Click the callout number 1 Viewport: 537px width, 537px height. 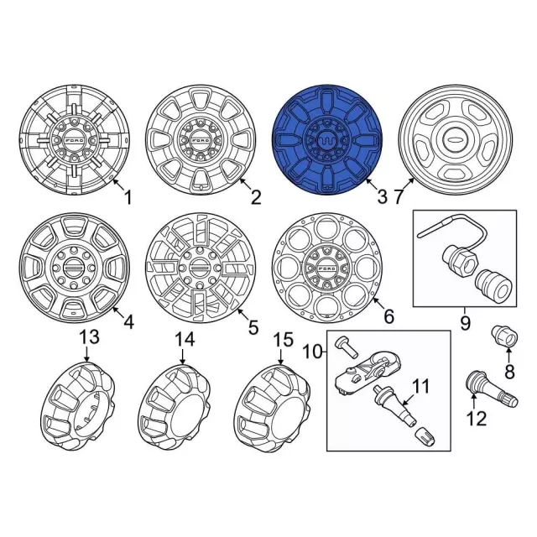point(128,198)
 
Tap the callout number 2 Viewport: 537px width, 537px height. point(256,198)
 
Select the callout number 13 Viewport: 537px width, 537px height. point(90,336)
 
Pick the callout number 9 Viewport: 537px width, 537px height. point(465,323)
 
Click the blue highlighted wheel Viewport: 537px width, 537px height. point(327,139)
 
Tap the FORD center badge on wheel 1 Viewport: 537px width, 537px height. point(75,140)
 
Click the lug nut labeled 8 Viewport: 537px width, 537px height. point(504,336)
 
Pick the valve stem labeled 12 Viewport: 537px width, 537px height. point(493,389)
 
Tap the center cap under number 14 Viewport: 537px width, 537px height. point(174,408)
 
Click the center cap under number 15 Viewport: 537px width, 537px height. point(272,409)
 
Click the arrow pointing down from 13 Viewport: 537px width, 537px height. point(86,354)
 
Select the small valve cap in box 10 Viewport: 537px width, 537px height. point(425,437)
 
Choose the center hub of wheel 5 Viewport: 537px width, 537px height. point(201,268)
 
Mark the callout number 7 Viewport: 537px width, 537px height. point(398,198)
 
